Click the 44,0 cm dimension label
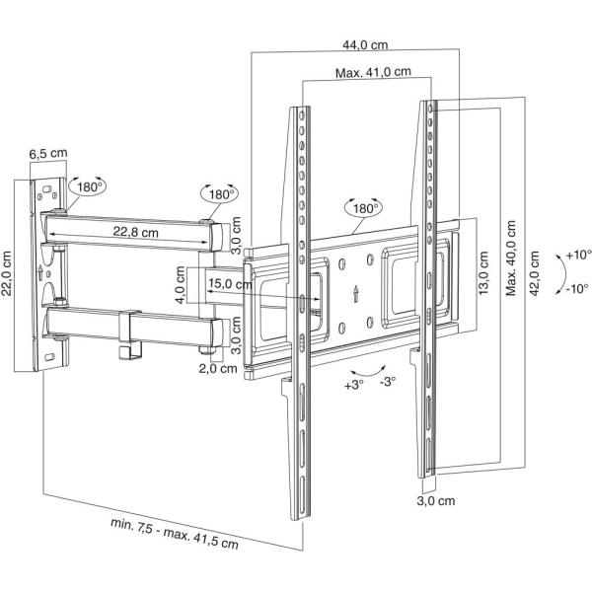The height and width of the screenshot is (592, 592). pyautogui.click(x=365, y=45)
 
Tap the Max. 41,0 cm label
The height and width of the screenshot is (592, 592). pyautogui.click(x=373, y=72)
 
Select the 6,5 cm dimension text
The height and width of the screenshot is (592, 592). pyautogui.click(x=48, y=154)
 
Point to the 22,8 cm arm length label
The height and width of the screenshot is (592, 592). pyautogui.click(x=135, y=232)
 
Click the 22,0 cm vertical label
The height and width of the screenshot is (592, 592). pyautogui.click(x=7, y=273)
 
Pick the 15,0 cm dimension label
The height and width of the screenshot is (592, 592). pyautogui.click(x=230, y=283)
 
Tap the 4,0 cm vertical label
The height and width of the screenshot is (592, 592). pyautogui.click(x=181, y=285)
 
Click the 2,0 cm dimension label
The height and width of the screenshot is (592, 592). pyautogui.click(x=218, y=368)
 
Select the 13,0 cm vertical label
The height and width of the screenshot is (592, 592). pyautogui.click(x=483, y=272)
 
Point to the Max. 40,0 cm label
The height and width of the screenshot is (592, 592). pyautogui.click(x=511, y=259)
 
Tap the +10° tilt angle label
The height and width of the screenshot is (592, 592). pyautogui.click(x=578, y=255)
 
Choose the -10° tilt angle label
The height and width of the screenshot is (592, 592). pyautogui.click(x=577, y=289)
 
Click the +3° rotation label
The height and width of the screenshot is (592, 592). pyautogui.click(x=354, y=385)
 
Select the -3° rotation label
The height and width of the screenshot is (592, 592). pyautogui.click(x=388, y=381)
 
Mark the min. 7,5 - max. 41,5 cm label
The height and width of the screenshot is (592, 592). pyautogui.click(x=175, y=533)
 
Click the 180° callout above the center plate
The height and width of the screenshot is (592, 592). pyautogui.click(x=363, y=208)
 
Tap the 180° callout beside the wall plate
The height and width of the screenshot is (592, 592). pyautogui.click(x=88, y=186)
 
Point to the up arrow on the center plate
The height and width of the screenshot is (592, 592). pyautogui.click(x=355, y=294)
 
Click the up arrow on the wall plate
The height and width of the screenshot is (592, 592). pyautogui.click(x=40, y=272)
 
